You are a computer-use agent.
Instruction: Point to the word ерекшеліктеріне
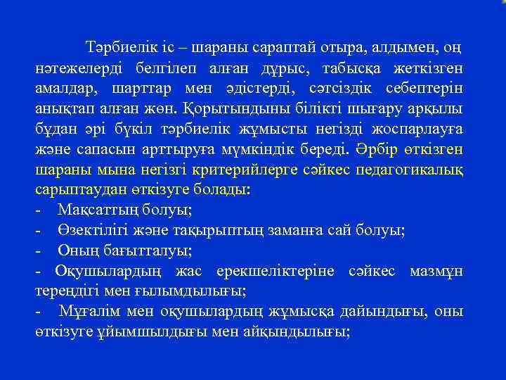286,271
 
